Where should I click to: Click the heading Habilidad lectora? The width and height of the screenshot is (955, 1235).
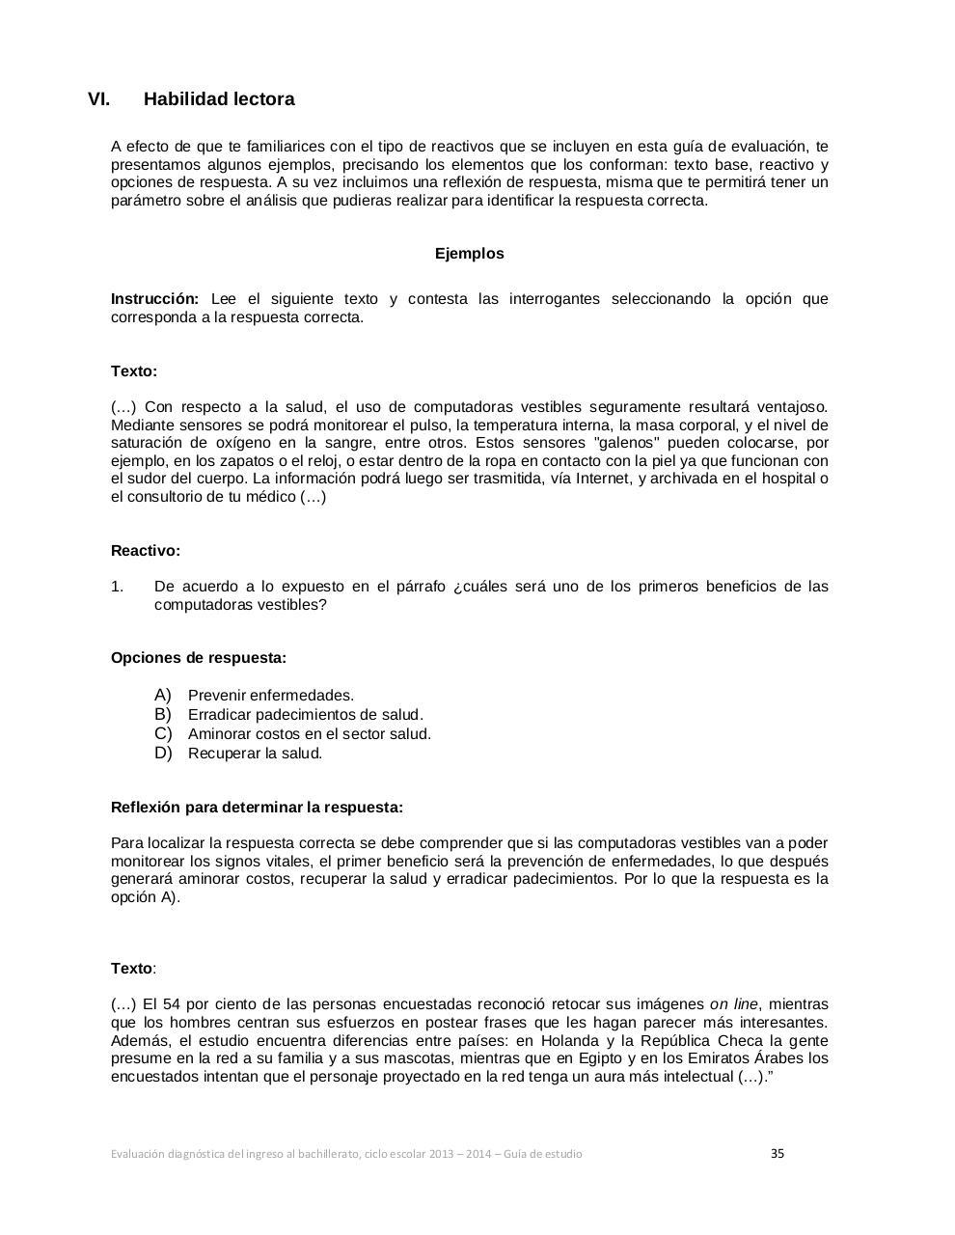tap(219, 99)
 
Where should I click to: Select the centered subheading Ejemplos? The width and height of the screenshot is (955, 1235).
tap(469, 254)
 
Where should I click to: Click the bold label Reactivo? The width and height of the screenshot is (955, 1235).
tap(146, 551)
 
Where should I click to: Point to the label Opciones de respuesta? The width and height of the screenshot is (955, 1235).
tap(198, 658)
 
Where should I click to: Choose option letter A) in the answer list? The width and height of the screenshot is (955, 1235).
tap(163, 695)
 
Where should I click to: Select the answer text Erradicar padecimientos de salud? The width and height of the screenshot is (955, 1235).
tap(306, 715)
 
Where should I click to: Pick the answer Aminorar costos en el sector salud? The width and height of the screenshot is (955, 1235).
tap(310, 734)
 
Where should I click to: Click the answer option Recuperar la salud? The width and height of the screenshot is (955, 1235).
tap(255, 754)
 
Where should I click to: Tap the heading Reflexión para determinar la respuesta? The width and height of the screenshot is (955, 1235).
tap(257, 807)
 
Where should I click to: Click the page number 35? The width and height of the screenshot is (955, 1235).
tap(778, 1153)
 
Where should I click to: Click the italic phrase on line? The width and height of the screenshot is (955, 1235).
tap(733, 1004)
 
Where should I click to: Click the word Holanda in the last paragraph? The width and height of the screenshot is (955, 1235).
tap(569, 1040)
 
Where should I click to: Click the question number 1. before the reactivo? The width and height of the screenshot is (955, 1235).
tap(118, 587)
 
